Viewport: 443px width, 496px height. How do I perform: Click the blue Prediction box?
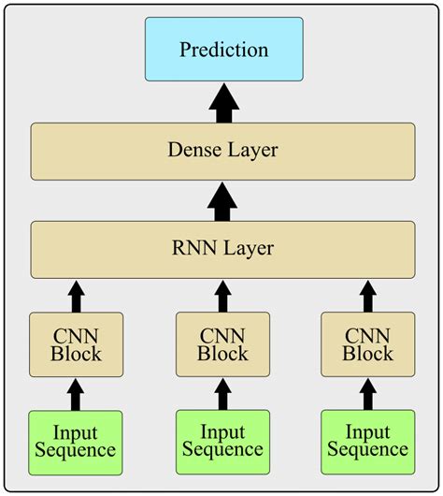click(x=223, y=49)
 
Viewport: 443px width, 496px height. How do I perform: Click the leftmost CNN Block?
click(x=76, y=344)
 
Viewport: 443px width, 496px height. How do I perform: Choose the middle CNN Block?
click(x=222, y=344)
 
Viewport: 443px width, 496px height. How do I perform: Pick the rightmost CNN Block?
click(x=367, y=344)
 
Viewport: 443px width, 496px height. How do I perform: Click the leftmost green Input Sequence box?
click(x=76, y=441)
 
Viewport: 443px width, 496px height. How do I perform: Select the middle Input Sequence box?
click(x=222, y=441)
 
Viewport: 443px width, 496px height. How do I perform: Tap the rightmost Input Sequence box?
click(x=367, y=441)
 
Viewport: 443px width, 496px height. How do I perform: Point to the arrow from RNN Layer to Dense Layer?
click(x=222, y=200)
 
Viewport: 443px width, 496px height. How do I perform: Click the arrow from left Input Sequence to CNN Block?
click(x=76, y=393)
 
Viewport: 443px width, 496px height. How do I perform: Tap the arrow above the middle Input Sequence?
click(x=222, y=393)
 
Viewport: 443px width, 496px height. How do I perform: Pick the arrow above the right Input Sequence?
click(x=367, y=393)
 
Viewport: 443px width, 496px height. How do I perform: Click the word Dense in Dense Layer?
click(x=193, y=150)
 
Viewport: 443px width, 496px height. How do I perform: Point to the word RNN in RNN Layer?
click(x=193, y=249)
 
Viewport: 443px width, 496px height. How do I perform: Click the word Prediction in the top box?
click(x=223, y=50)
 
